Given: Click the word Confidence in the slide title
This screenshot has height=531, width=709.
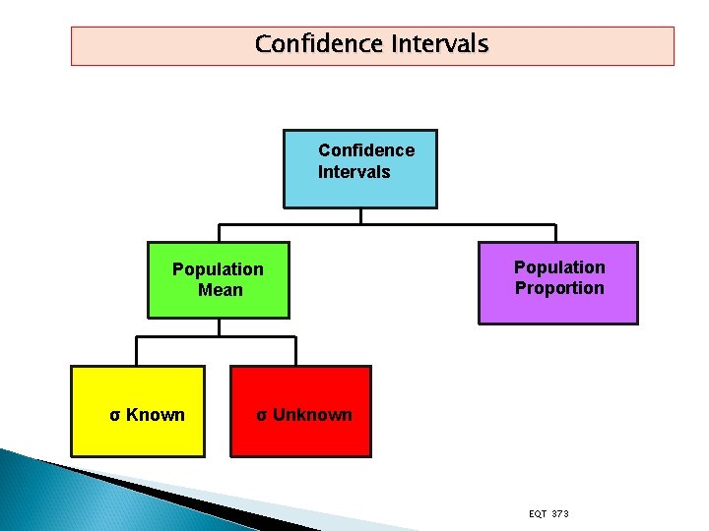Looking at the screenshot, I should [319, 44].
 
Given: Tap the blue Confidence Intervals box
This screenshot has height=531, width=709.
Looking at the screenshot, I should [360, 168].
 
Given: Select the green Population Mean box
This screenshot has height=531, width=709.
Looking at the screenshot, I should [219, 280].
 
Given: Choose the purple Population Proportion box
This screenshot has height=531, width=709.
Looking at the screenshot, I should [558, 283].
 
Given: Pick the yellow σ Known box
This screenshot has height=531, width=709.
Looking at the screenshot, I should [138, 411].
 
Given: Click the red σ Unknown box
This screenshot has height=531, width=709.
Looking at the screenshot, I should [301, 411].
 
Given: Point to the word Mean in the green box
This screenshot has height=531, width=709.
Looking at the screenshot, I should [220, 290].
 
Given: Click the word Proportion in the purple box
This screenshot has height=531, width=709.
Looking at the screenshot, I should [559, 288].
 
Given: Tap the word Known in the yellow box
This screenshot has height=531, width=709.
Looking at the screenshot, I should [156, 415].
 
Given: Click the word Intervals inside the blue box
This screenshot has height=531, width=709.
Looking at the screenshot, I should [354, 172].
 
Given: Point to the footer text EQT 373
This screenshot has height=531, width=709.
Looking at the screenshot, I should [548, 514].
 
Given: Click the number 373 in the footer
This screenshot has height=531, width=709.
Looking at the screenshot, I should [559, 514].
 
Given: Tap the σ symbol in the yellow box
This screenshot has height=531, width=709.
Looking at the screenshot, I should [115, 415].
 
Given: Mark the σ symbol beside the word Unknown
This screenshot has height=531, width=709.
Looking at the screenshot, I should [262, 415].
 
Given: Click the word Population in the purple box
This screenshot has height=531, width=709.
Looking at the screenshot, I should [559, 267].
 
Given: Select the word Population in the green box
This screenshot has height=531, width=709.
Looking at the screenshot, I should [218, 269].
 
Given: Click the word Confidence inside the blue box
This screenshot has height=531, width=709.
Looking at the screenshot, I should [366, 150].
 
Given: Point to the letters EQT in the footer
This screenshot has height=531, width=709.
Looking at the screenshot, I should [538, 514].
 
